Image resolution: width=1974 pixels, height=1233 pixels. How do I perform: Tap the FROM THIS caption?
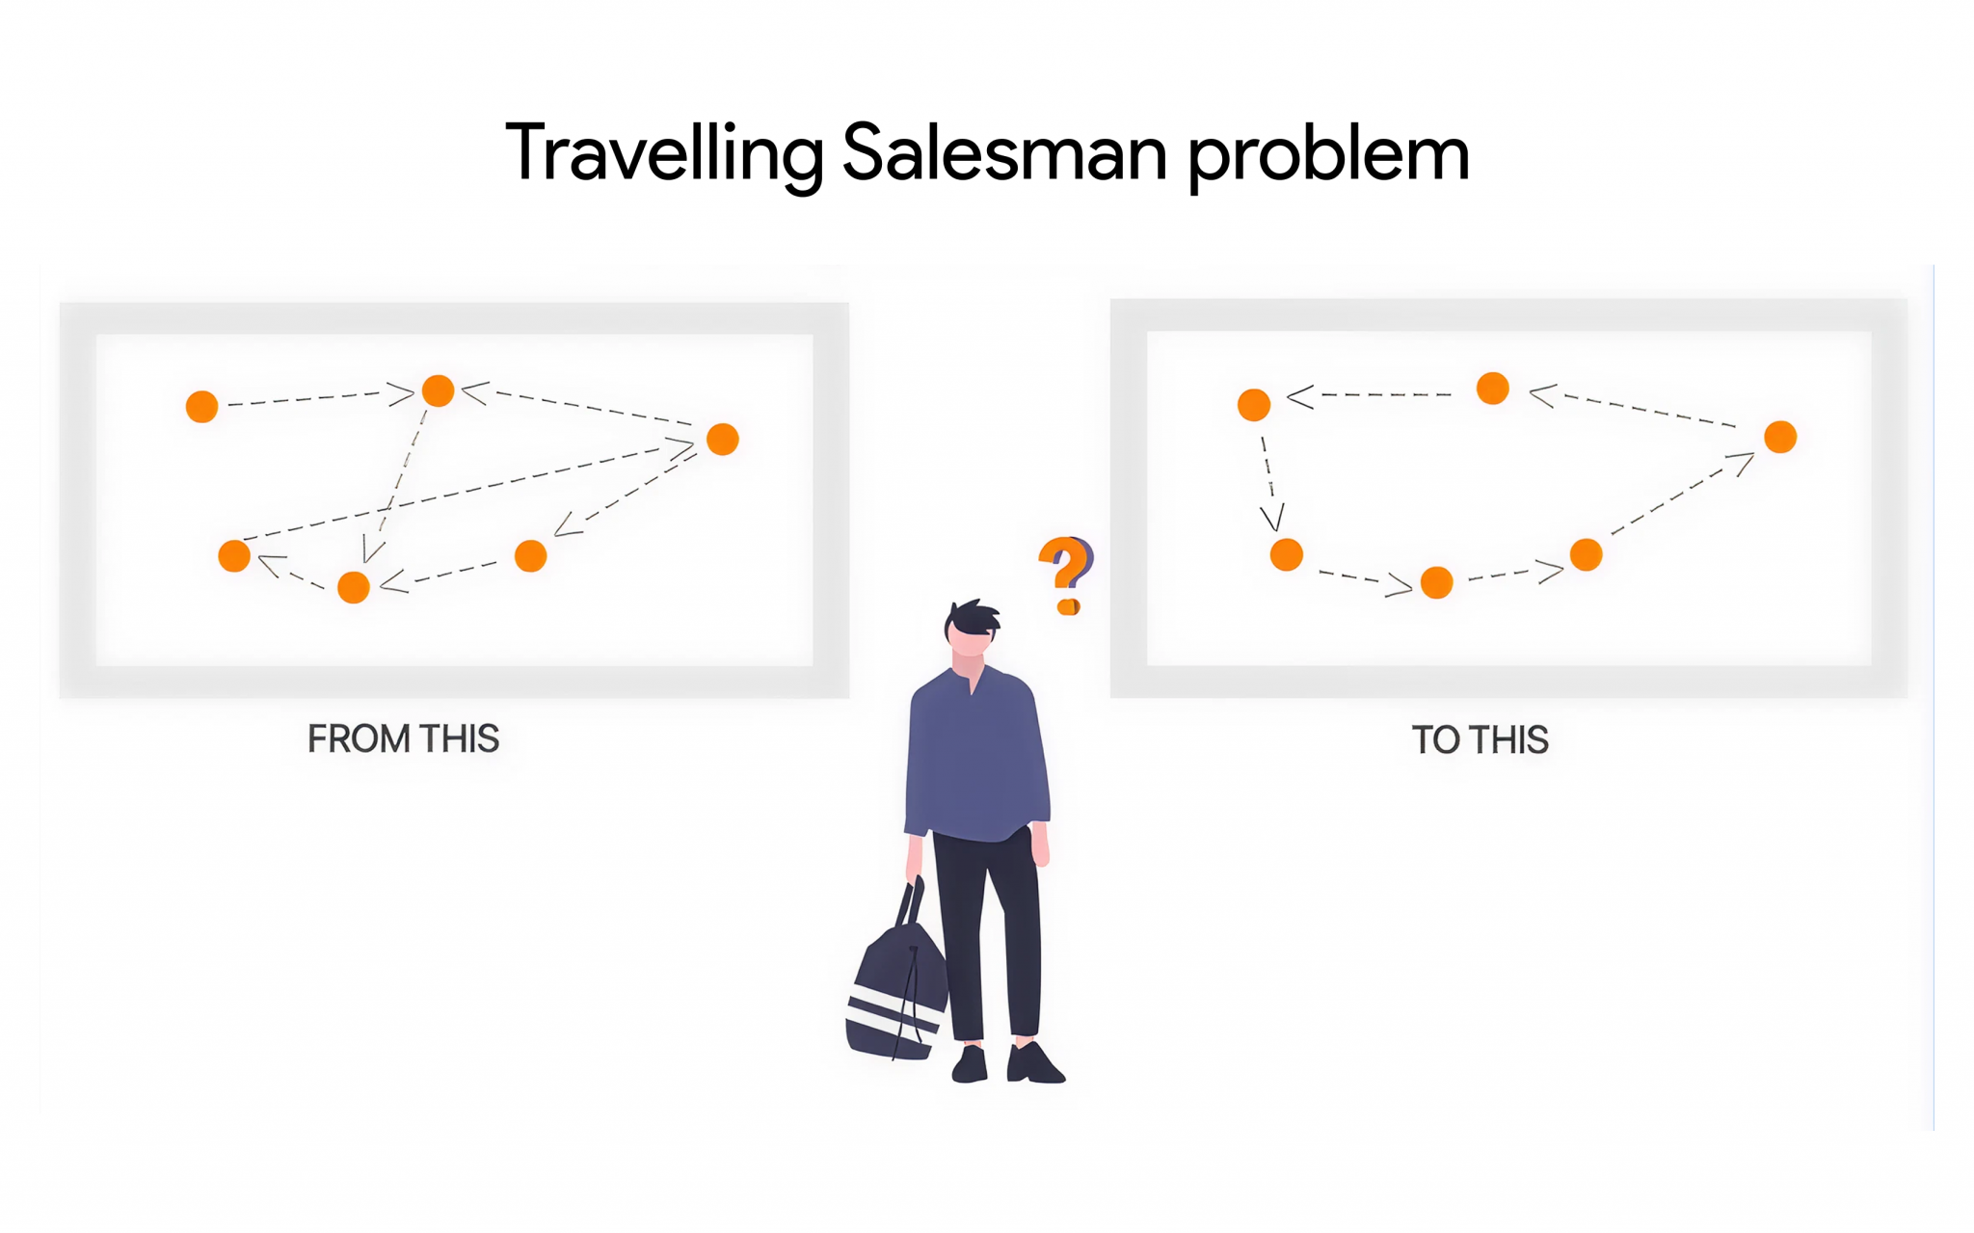[x=403, y=739]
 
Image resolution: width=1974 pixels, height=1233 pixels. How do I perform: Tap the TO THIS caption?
[x=1480, y=740]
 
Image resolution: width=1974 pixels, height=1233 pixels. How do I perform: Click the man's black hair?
[x=973, y=617]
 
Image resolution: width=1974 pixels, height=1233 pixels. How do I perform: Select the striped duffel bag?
[x=894, y=993]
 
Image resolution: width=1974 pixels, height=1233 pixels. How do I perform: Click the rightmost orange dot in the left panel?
[x=723, y=440]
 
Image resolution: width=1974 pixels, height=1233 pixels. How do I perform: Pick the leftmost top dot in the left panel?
[x=201, y=407]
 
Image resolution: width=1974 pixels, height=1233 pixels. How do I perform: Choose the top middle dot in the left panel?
[x=439, y=390]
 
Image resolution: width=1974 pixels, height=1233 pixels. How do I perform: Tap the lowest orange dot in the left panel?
[x=354, y=587]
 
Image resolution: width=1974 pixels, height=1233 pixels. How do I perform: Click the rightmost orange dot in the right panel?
[x=1780, y=437]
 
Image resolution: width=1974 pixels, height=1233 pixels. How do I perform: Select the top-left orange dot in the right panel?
[x=1254, y=405]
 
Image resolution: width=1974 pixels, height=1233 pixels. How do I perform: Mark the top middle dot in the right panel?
[x=1493, y=389]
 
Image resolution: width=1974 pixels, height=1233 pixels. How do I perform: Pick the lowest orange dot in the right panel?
[x=1436, y=582]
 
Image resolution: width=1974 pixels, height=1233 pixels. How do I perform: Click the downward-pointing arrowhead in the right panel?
[x=1272, y=519]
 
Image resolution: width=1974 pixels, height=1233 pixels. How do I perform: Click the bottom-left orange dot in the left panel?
[x=234, y=556]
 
